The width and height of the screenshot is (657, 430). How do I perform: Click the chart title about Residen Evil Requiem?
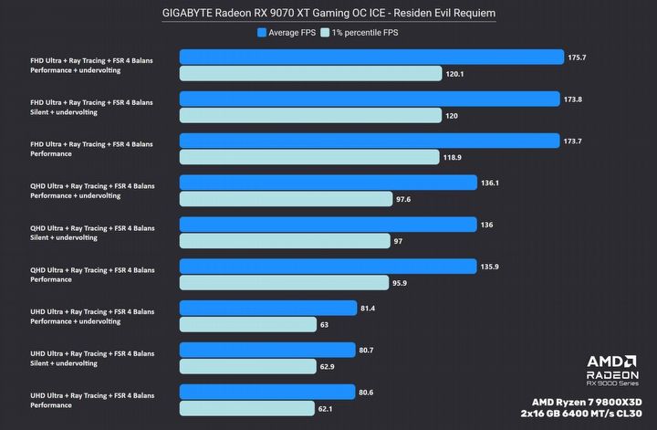[328, 12]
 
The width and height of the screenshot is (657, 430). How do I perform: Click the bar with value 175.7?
[371, 58]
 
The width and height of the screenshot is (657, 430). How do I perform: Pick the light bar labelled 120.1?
[309, 74]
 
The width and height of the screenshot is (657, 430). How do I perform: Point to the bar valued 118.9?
[309, 157]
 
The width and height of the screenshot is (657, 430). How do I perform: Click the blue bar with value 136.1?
[328, 183]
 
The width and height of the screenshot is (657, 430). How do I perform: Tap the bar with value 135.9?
[328, 267]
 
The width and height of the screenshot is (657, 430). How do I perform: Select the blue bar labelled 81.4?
[268, 309]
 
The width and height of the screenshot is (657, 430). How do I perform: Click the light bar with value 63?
[248, 324]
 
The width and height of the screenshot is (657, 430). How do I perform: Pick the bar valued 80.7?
[267, 350]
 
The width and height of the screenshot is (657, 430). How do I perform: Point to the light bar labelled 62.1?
[247, 408]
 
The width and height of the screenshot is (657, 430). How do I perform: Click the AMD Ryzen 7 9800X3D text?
[589, 401]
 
